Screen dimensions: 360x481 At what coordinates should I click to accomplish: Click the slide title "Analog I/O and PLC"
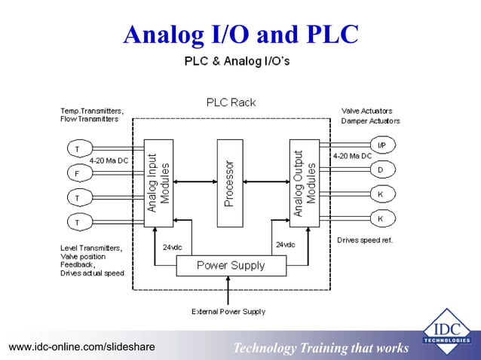[240, 35]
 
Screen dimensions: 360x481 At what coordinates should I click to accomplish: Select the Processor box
[230, 183]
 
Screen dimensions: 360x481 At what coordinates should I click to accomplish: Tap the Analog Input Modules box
[159, 183]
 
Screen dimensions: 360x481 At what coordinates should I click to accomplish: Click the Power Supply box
[231, 265]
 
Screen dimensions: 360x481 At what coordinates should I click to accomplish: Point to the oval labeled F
[76, 173]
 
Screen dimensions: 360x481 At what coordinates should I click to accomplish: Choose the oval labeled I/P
[382, 145]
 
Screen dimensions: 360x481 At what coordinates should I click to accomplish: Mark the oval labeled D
[381, 170]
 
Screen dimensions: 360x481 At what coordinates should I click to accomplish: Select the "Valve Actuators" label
[366, 111]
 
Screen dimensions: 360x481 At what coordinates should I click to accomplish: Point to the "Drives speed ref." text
[365, 240]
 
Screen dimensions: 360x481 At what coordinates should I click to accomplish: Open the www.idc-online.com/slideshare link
[81, 347]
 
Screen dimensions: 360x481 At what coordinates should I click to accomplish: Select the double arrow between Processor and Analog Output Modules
[266, 181]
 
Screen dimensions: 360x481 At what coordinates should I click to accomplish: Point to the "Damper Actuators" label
[370, 121]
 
